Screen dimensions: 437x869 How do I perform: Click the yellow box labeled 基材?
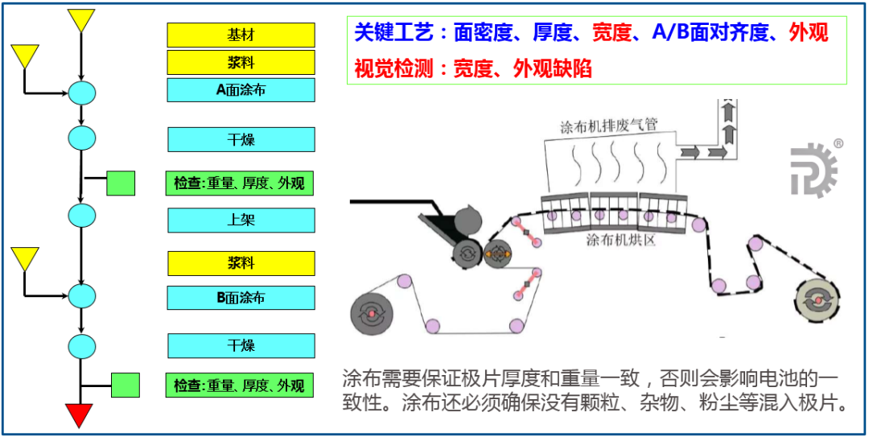click(x=241, y=35)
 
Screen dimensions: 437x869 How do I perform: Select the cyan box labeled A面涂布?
click(x=241, y=89)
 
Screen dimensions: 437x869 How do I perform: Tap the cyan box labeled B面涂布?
click(x=241, y=298)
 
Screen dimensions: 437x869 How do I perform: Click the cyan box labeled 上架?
click(x=241, y=220)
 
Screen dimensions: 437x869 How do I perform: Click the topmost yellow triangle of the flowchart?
click(x=81, y=19)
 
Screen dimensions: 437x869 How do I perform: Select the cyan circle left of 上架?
click(x=81, y=216)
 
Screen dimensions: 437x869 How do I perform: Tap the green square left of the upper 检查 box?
click(x=121, y=183)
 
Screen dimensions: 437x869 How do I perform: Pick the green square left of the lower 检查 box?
click(x=125, y=385)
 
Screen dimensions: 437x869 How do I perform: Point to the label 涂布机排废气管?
click(x=609, y=126)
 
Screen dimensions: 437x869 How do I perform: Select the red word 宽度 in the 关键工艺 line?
click(x=614, y=33)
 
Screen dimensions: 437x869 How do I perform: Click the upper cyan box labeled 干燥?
click(x=241, y=140)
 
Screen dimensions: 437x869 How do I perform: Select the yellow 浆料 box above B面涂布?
click(x=241, y=263)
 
